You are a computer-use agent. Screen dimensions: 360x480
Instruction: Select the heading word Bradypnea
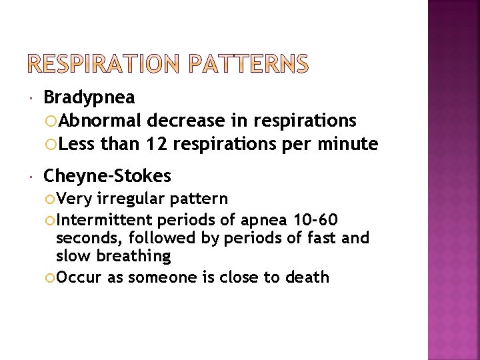coord(89,98)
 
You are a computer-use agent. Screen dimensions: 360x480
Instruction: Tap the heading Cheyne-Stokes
coord(107,176)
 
